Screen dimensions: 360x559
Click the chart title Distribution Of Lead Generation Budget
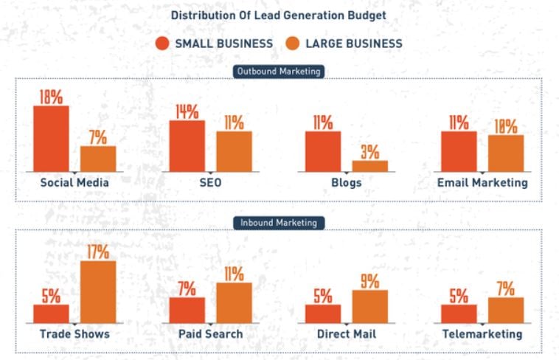pos(278,15)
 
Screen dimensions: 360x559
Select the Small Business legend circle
pos(163,44)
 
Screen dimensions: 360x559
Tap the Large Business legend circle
pos(293,44)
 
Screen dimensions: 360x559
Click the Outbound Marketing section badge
pos(278,72)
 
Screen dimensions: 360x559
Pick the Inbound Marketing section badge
pos(278,223)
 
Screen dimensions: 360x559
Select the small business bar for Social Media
pos(51,139)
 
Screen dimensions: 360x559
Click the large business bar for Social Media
pos(98,159)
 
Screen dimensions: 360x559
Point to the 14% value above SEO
pos(187,111)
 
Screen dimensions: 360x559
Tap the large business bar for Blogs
pos(369,166)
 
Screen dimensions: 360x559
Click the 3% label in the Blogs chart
pos(369,152)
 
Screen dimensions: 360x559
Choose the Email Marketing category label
pos(482,182)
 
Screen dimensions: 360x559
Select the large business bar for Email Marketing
pos(505,153)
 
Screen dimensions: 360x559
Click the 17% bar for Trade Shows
pos(98,292)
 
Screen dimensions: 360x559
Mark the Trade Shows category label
pos(74,334)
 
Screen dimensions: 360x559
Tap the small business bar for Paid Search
pos(187,310)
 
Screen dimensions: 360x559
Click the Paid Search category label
pos(210,334)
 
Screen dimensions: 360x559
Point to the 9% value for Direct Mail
pos(369,281)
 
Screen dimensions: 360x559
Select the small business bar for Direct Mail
pos(322,314)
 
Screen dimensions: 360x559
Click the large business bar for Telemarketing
pos(505,310)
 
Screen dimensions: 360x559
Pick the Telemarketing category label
pos(482,334)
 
